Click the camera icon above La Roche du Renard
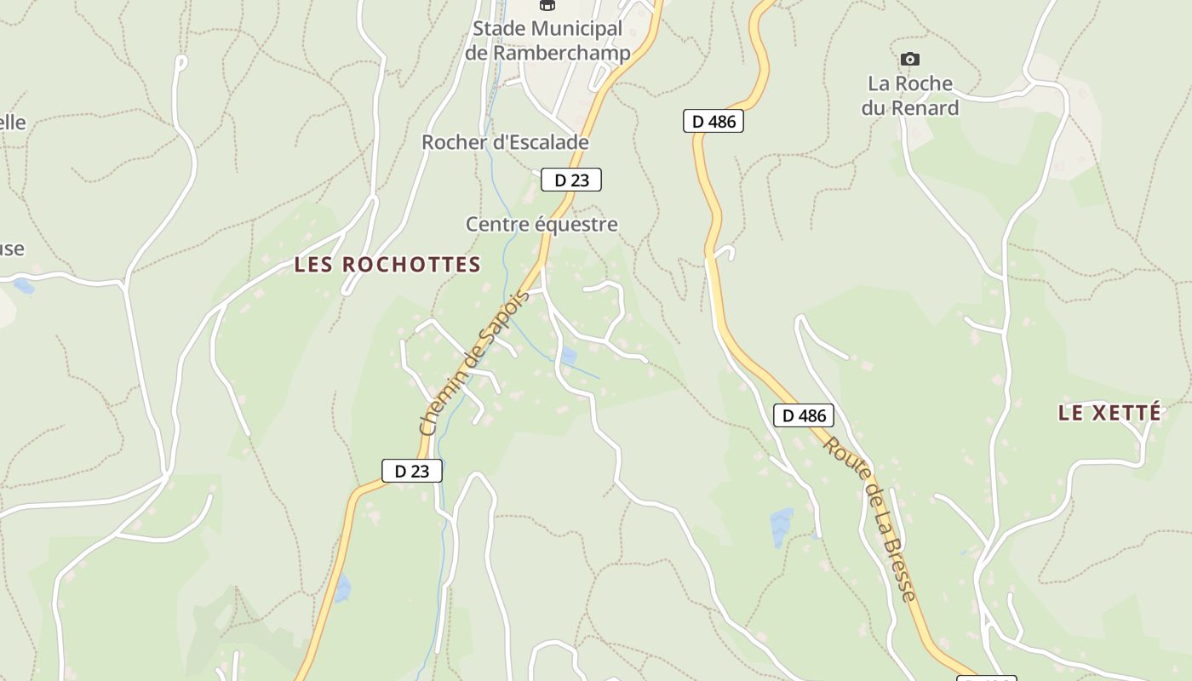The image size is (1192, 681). pyautogui.click(x=910, y=59)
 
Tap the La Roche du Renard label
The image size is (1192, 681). pyautogui.click(x=910, y=95)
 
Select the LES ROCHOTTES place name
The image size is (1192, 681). pyautogui.click(x=387, y=265)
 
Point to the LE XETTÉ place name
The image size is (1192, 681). pyautogui.click(x=1109, y=413)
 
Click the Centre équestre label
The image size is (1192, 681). pyautogui.click(x=542, y=225)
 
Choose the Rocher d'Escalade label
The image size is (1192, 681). pyautogui.click(x=505, y=142)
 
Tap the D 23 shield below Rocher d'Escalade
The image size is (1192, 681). pyautogui.click(x=571, y=180)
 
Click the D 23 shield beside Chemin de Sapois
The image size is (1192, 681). pyautogui.click(x=412, y=471)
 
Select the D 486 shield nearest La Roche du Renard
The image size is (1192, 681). pyautogui.click(x=713, y=121)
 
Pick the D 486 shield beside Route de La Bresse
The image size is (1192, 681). pyautogui.click(x=804, y=415)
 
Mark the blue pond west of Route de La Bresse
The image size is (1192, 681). pyautogui.click(x=781, y=527)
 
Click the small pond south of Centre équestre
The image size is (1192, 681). pyautogui.click(x=568, y=355)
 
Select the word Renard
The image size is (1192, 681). pyautogui.click(x=924, y=108)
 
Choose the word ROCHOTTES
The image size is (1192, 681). pyautogui.click(x=413, y=265)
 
